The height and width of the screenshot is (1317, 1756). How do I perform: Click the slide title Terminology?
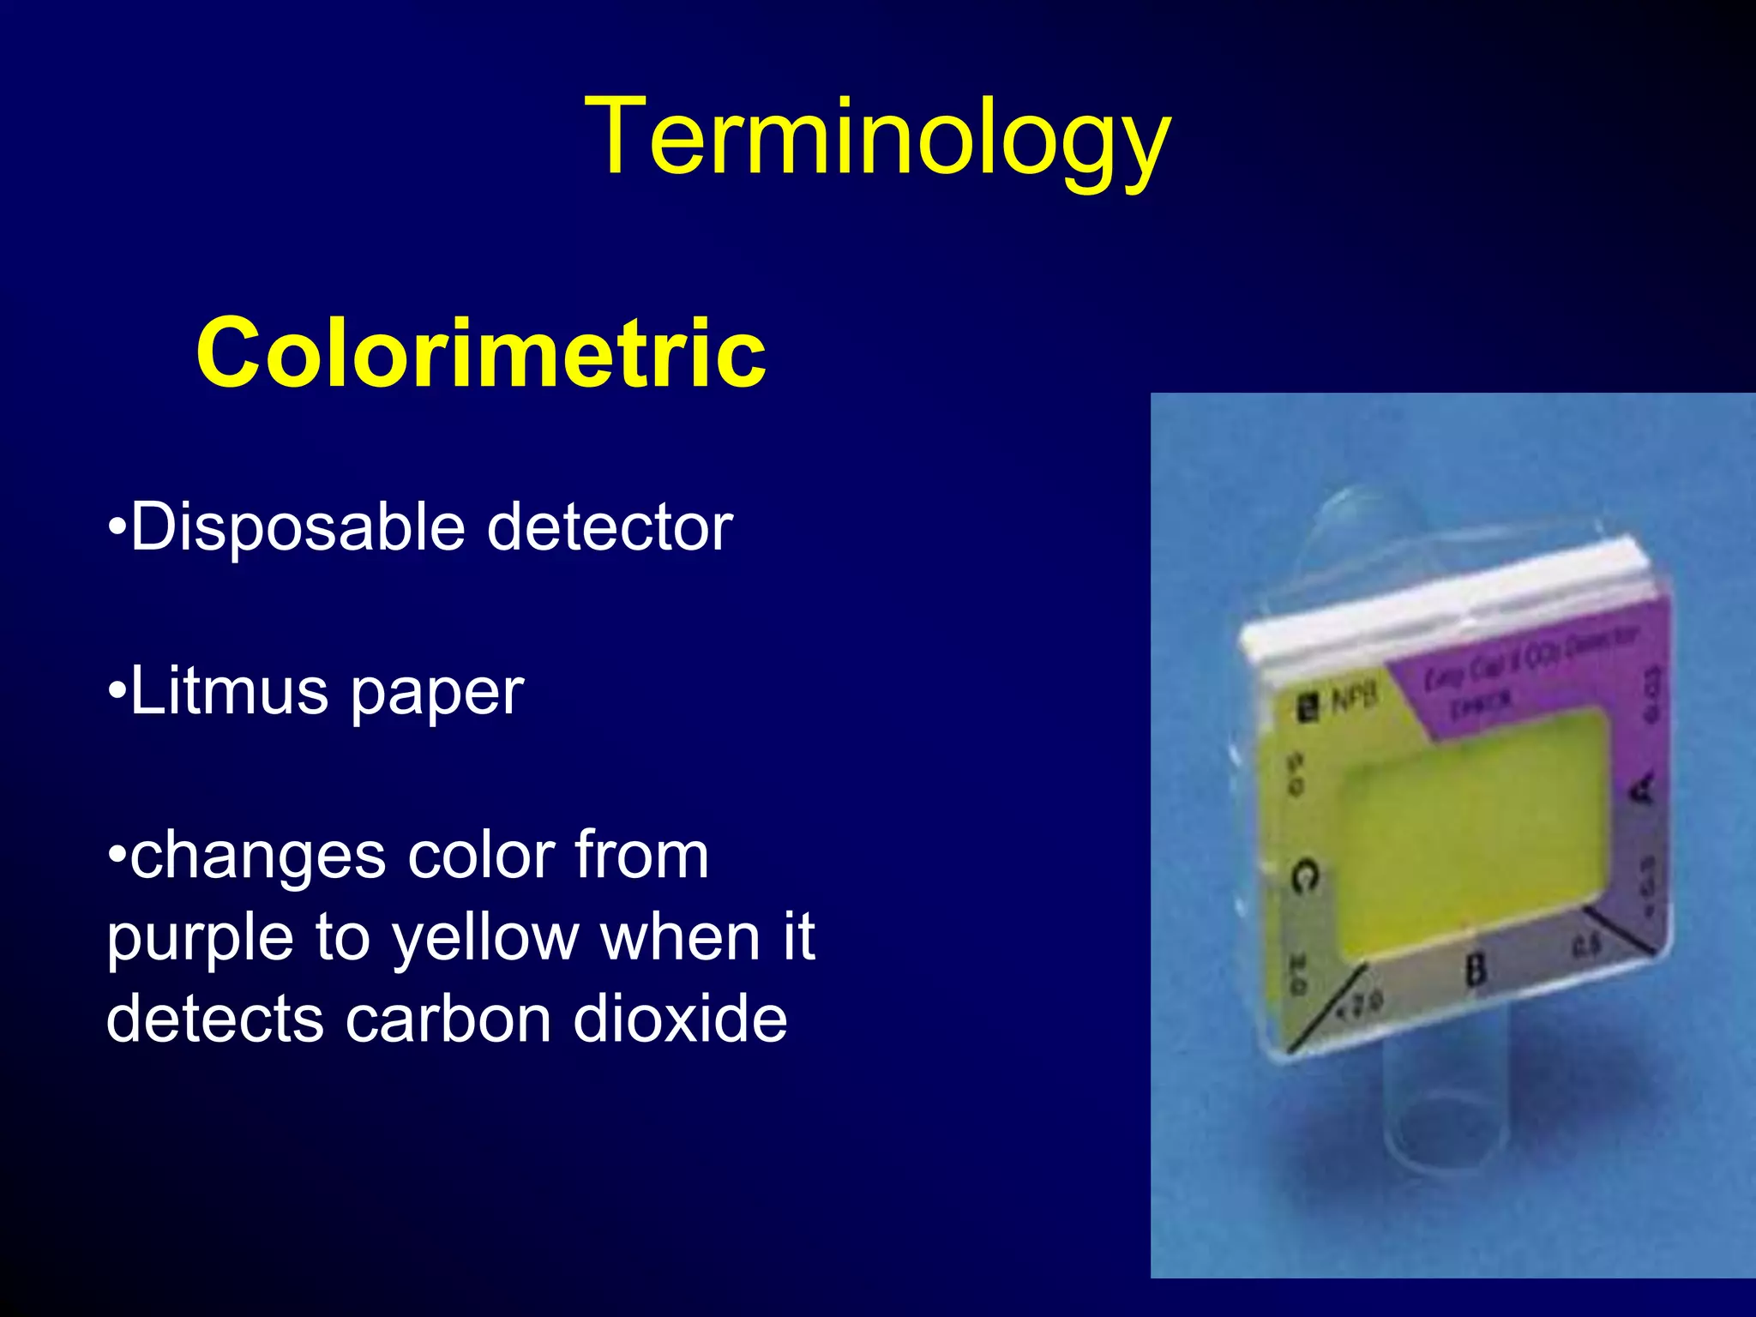point(876,137)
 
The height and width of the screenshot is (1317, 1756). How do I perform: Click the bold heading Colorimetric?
point(480,352)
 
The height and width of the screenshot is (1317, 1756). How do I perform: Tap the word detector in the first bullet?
point(610,526)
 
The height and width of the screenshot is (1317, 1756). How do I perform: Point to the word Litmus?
point(229,691)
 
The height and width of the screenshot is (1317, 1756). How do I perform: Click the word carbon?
point(448,1019)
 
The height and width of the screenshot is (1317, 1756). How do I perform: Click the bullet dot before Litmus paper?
point(117,691)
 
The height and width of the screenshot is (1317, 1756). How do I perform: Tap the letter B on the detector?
point(1475,970)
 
